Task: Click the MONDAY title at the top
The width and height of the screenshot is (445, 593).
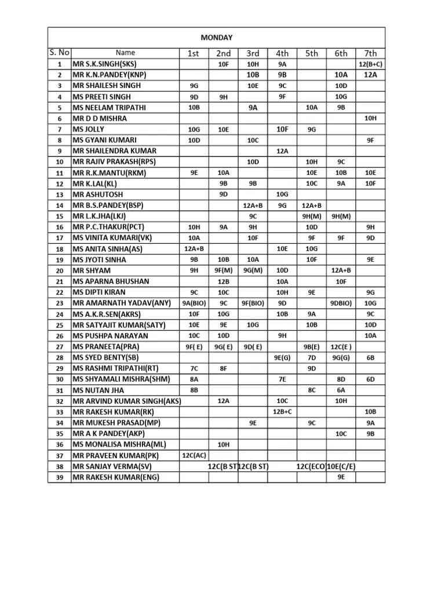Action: [216, 38]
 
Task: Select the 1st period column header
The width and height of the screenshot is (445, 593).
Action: [193, 53]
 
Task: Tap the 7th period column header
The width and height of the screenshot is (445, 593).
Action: [370, 53]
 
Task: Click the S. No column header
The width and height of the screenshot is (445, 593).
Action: [59, 53]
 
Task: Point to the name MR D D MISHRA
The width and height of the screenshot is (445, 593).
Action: [99, 118]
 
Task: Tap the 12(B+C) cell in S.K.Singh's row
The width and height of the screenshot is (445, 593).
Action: [370, 64]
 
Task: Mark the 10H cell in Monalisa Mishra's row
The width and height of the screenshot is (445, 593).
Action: [223, 444]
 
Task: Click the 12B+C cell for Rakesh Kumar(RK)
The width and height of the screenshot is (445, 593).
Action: [282, 412]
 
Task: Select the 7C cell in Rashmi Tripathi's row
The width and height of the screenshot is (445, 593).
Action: [194, 368]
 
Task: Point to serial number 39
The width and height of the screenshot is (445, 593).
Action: [59, 477]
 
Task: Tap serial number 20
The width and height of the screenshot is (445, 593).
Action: [59, 270]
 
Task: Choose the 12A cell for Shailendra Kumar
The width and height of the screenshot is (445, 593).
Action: [282, 151]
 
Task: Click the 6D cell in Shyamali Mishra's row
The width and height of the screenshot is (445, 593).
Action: [370, 379]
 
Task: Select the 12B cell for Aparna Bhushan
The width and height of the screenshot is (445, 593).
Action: [223, 281]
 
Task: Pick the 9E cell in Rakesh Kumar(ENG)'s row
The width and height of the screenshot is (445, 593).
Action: [341, 477]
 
